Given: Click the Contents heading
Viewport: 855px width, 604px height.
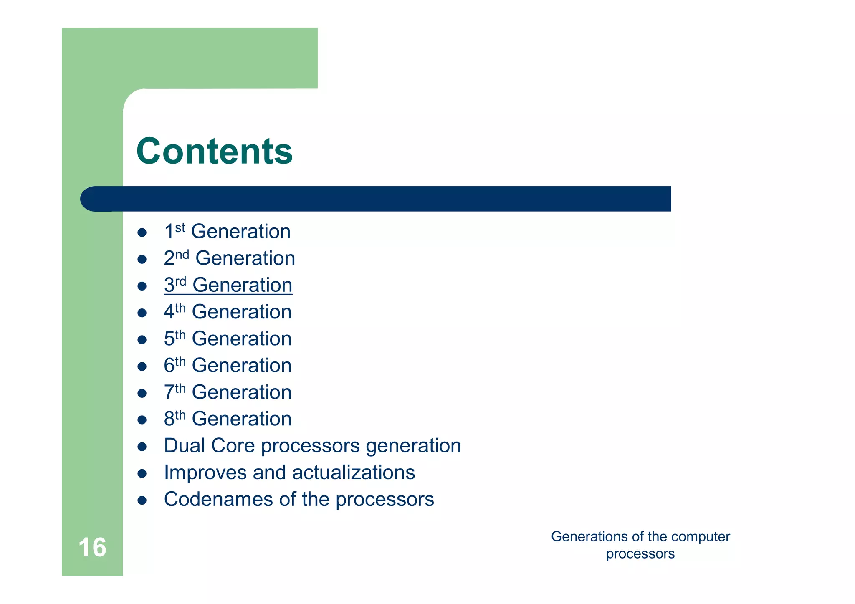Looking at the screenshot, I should [x=214, y=151].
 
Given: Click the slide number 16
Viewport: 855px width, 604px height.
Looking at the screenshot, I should [x=92, y=547].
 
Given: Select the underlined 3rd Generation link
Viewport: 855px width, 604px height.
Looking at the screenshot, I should [x=228, y=285].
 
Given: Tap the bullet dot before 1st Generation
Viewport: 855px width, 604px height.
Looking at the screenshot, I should [x=142, y=233].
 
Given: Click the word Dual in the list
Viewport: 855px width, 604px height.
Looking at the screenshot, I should [x=185, y=446].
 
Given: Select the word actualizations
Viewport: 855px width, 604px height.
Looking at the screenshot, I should [x=353, y=473].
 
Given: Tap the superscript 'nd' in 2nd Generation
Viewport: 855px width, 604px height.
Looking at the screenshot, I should [x=182, y=255].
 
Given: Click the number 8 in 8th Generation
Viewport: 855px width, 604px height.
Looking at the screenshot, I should [x=169, y=419].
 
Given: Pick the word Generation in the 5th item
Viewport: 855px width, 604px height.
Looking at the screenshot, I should [x=241, y=339].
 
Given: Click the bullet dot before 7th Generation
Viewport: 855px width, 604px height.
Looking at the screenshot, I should [x=142, y=393].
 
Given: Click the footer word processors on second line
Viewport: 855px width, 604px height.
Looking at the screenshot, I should [x=640, y=554].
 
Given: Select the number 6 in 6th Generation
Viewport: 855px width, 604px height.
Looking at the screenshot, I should [x=169, y=366].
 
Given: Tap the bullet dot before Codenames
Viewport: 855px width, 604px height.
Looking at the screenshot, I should [x=142, y=500].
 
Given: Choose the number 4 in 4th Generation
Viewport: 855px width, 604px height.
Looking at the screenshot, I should [x=169, y=312].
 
